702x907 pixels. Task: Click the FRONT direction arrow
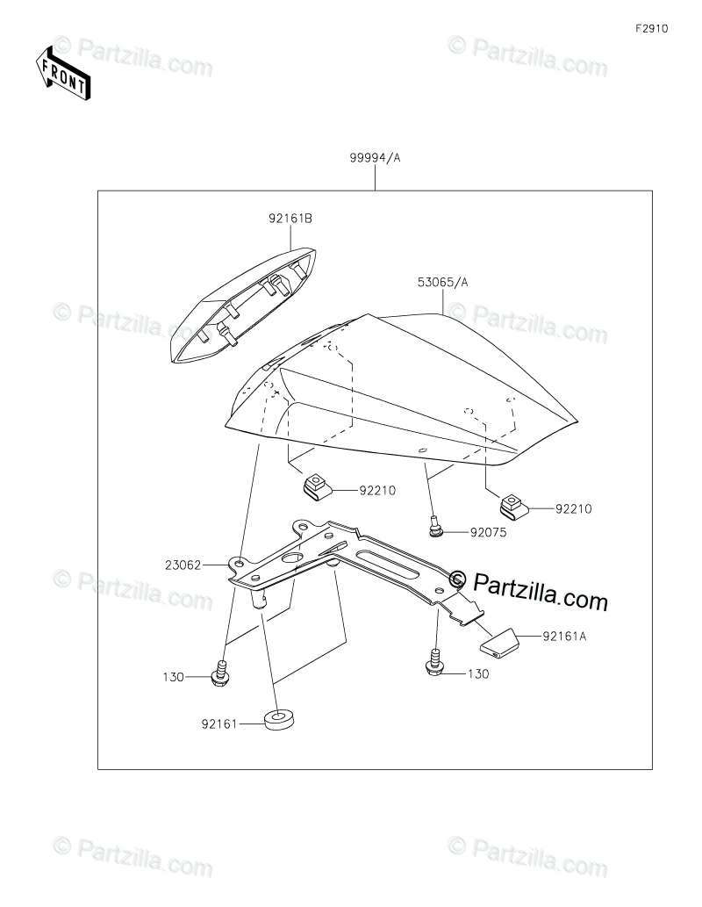pyautogui.click(x=62, y=73)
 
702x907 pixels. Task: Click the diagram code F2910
pyautogui.click(x=653, y=28)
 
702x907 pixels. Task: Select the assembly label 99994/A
pyautogui.click(x=375, y=158)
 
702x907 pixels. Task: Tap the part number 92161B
pyautogui.click(x=291, y=219)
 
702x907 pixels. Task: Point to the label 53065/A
pyautogui.click(x=443, y=282)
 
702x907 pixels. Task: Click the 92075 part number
pyautogui.click(x=488, y=531)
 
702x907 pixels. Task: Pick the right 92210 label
pyautogui.click(x=574, y=507)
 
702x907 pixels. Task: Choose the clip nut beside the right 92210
pyautogui.click(x=512, y=504)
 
